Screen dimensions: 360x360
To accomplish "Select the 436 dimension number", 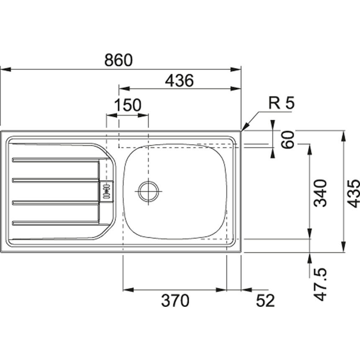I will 179,81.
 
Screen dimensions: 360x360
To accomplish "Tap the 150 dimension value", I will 128,106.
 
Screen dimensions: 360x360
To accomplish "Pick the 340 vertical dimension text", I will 320,193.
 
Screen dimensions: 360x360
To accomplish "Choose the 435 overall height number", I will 354,193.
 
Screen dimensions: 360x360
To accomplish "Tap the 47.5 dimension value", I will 321,285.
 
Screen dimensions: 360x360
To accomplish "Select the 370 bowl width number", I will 175,301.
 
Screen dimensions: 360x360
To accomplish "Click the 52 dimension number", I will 265,301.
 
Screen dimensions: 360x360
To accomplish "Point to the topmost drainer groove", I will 54,159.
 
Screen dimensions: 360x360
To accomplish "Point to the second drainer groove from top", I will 54,180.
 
